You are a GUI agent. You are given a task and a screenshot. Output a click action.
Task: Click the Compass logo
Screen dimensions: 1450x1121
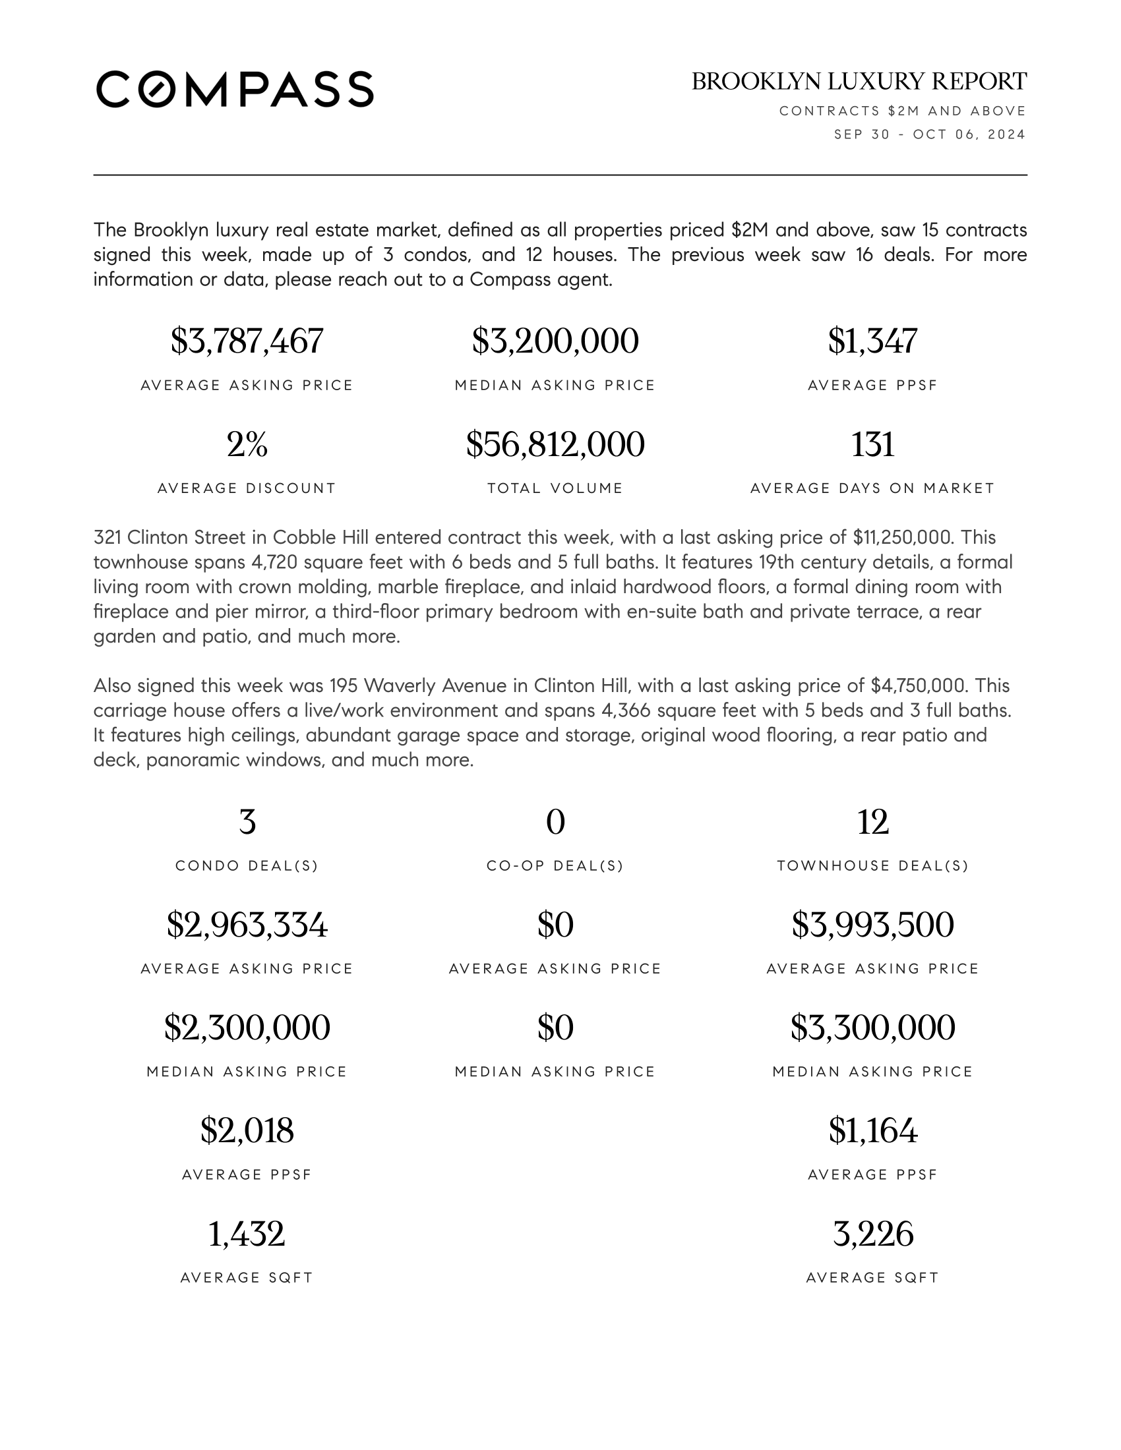point(235,89)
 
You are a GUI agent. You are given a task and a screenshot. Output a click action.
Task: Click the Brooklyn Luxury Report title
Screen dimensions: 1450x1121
point(859,82)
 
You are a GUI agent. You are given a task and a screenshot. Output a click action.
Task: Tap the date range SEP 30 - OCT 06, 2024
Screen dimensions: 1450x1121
point(930,134)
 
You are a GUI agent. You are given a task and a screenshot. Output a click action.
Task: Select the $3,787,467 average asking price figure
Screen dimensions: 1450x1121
point(247,341)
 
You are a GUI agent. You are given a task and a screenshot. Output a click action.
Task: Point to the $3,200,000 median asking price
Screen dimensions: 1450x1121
point(555,341)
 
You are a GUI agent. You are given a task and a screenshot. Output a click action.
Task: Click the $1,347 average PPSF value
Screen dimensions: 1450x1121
point(872,341)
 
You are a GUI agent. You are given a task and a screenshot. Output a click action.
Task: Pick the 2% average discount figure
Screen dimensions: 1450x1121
point(247,444)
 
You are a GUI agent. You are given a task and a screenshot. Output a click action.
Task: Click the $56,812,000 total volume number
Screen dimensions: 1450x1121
point(555,444)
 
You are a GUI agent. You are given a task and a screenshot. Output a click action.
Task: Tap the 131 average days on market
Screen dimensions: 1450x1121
point(872,444)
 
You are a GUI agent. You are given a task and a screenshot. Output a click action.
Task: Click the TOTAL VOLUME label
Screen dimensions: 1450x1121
point(555,488)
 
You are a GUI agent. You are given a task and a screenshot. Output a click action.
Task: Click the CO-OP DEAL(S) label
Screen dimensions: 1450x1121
point(555,866)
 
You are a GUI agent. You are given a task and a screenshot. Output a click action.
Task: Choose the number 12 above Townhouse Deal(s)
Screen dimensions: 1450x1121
point(872,822)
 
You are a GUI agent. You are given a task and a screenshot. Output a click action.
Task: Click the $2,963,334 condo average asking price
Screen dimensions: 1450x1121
point(247,925)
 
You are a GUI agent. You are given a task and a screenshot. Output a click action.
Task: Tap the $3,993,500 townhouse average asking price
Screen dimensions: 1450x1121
point(872,925)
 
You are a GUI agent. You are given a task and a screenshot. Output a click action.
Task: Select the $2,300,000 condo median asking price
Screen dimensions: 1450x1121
point(247,1028)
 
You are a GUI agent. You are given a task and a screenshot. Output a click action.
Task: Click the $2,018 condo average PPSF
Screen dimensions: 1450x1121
point(247,1130)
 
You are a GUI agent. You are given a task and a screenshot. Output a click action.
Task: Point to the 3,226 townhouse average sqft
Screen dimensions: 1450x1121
point(872,1234)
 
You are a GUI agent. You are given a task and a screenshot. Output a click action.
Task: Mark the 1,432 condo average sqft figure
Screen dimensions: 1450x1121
point(247,1234)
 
